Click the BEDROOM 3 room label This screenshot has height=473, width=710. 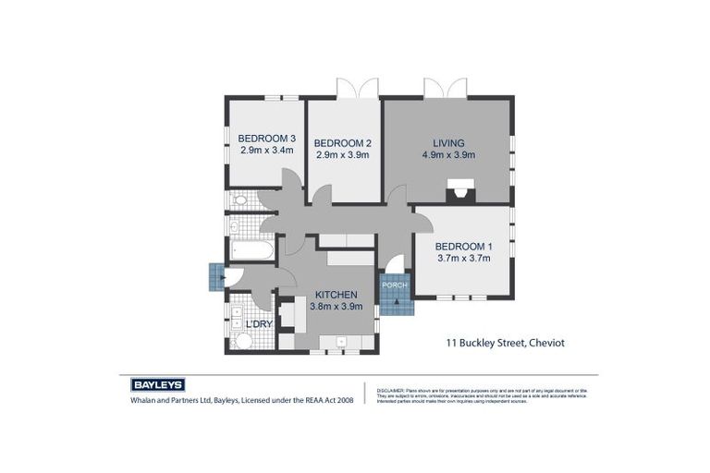tap(266, 138)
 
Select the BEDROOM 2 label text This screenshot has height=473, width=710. tap(342, 143)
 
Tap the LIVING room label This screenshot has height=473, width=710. tap(448, 143)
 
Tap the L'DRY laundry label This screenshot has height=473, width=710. tap(259, 324)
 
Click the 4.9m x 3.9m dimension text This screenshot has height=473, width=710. tap(448, 155)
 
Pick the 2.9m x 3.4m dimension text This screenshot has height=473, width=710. tap(266, 150)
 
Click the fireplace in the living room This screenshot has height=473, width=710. tap(458, 193)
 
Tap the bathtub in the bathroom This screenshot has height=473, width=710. tap(251, 250)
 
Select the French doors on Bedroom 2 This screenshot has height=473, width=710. tap(357, 89)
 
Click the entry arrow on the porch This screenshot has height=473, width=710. tap(396, 305)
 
